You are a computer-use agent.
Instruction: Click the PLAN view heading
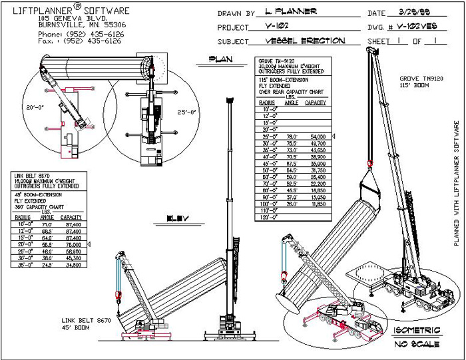click(x=220, y=59)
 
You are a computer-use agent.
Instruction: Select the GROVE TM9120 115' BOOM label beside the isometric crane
click(x=418, y=83)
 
